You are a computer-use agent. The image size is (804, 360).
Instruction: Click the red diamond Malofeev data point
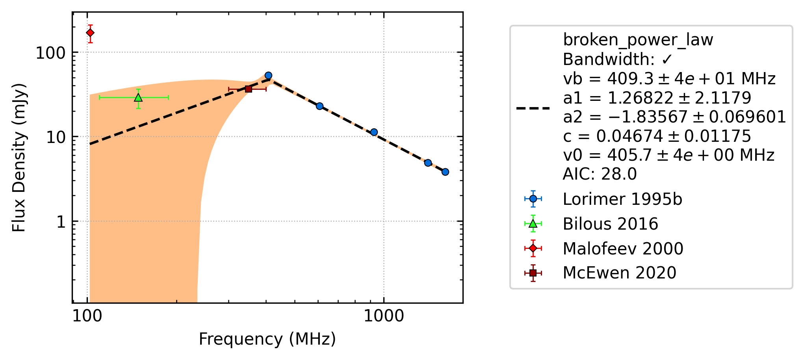pos(90,33)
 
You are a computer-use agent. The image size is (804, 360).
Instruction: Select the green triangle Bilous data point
pos(138,97)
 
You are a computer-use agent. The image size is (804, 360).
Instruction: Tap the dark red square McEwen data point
pos(249,89)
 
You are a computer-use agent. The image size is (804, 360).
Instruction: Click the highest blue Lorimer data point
pos(268,76)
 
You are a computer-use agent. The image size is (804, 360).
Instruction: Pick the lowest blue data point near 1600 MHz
pos(445,172)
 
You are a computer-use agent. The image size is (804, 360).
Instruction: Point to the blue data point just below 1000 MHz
pos(374,132)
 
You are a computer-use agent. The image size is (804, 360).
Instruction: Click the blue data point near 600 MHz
pos(320,106)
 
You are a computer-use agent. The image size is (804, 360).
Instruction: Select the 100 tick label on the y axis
pos(50,53)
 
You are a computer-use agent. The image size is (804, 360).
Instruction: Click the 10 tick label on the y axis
pos(56,137)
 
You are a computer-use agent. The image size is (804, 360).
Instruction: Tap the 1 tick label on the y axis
pos(61,222)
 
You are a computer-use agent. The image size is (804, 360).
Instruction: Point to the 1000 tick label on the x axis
pos(384,316)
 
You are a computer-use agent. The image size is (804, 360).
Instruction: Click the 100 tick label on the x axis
pos(87,316)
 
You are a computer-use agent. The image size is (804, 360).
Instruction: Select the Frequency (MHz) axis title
pos(267,339)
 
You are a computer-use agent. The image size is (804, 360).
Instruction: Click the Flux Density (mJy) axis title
pos(19,158)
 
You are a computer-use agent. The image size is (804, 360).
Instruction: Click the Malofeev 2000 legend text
pos(623,249)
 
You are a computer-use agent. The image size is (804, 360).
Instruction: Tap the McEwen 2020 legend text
pos(619,273)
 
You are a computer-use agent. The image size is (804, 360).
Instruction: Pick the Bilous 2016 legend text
pos(610,224)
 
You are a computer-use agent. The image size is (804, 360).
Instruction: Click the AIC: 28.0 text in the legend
pos(600,174)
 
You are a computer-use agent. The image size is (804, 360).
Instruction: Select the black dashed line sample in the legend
pos(533,108)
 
